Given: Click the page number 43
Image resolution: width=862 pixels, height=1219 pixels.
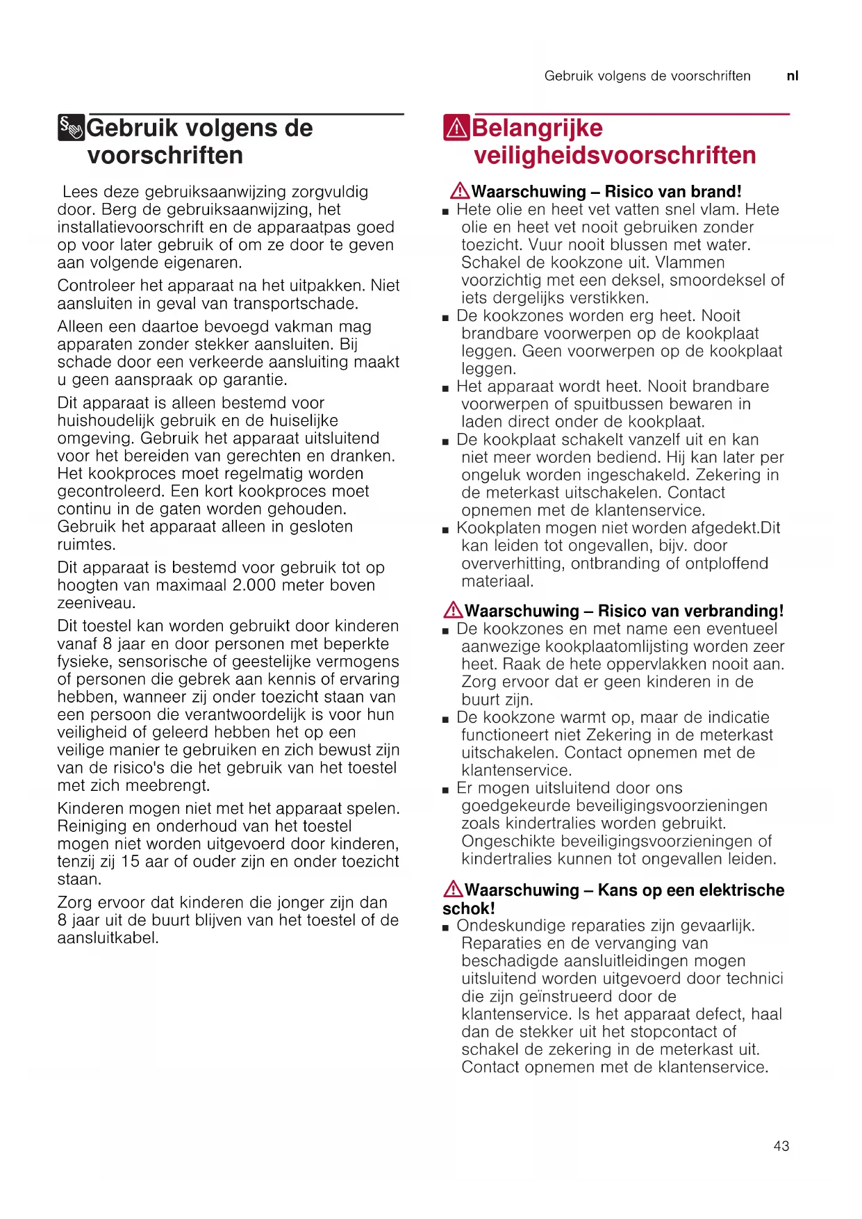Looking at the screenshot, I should [x=781, y=1146].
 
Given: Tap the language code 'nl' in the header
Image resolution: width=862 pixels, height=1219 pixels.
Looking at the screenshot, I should [x=793, y=76].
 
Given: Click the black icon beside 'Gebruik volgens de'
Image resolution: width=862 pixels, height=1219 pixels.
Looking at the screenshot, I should [x=71, y=128].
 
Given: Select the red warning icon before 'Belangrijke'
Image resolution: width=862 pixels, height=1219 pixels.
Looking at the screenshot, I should [x=456, y=128].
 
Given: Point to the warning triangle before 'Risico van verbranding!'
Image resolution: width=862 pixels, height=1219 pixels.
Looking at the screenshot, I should [x=453, y=610].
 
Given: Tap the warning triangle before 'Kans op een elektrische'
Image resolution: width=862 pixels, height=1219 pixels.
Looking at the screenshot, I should [x=453, y=889].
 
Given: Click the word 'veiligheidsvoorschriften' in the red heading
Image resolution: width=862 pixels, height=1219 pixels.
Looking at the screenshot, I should [x=615, y=155].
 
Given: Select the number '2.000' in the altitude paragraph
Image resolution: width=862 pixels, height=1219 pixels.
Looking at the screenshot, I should [x=254, y=585].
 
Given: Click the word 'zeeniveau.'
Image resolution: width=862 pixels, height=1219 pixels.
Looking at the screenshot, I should [x=97, y=603].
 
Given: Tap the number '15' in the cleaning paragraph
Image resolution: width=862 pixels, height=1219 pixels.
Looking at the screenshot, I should [x=130, y=862].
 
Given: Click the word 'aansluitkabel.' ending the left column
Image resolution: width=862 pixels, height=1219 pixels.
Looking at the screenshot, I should [x=108, y=938].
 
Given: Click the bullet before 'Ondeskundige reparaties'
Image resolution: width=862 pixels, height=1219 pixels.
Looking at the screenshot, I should [x=446, y=928].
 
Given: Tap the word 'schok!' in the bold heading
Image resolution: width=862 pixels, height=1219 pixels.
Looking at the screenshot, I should [x=469, y=908].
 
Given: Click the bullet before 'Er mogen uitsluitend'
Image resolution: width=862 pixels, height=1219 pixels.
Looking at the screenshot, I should [x=446, y=790].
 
